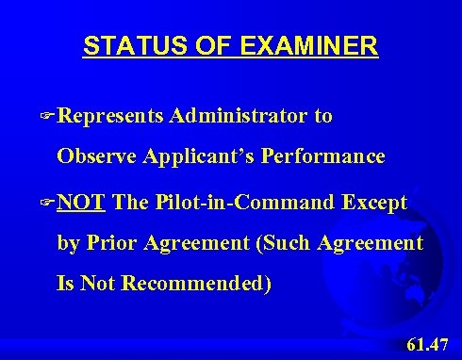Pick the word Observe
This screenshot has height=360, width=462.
point(97,155)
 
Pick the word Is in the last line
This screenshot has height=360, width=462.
point(67,282)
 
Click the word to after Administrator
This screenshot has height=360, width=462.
point(322,117)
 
